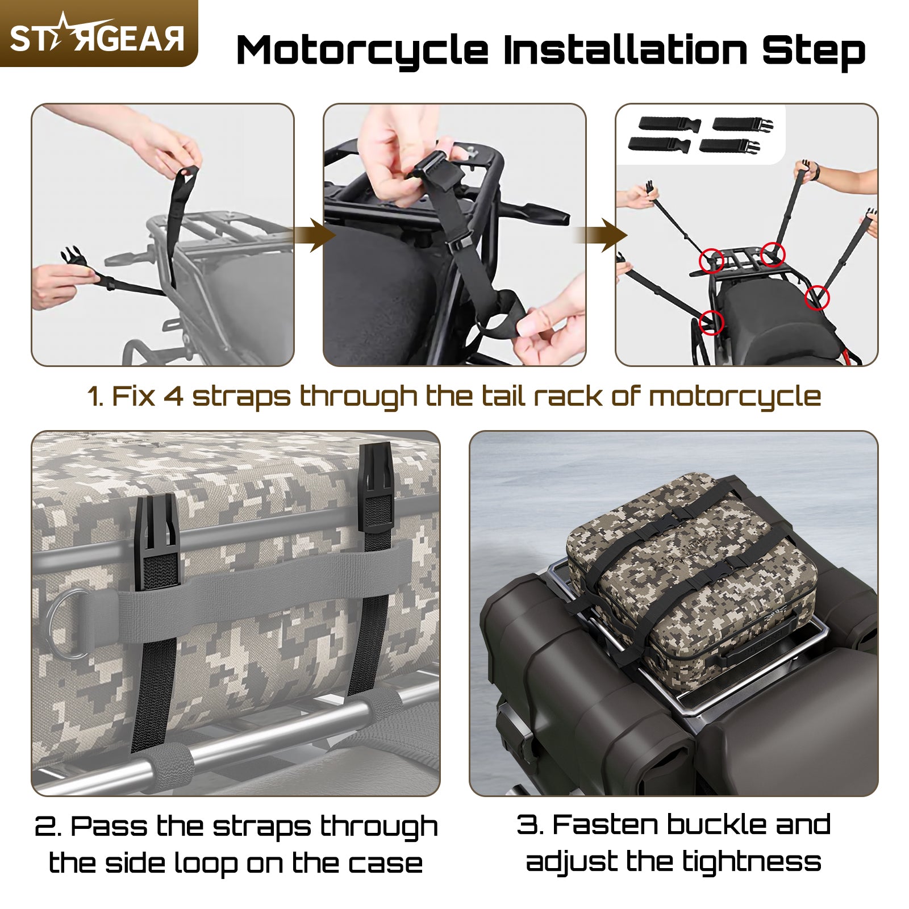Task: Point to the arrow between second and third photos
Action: (x=603, y=235)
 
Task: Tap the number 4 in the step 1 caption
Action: (x=173, y=396)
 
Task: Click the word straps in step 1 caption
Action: (x=241, y=397)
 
